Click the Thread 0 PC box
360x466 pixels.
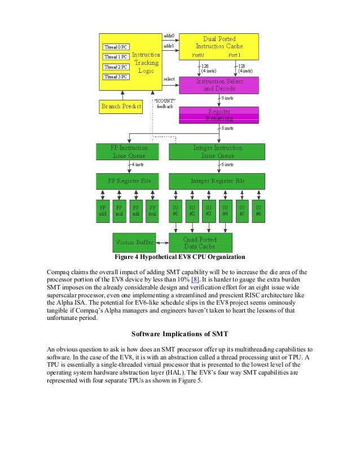coord(116,47)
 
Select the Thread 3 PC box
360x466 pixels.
coord(116,77)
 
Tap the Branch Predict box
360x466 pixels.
coord(121,106)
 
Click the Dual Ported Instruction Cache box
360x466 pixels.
coord(219,46)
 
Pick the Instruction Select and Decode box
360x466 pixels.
coord(219,85)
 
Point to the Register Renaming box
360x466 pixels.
coord(219,115)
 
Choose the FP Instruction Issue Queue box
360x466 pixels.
coord(130,152)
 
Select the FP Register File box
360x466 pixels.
coord(130,182)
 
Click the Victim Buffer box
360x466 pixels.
coord(134,243)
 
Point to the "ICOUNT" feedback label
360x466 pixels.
coord(165,104)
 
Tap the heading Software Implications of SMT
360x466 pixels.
coord(179,332)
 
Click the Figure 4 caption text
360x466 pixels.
coord(179,259)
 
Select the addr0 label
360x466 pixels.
coord(169,36)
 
